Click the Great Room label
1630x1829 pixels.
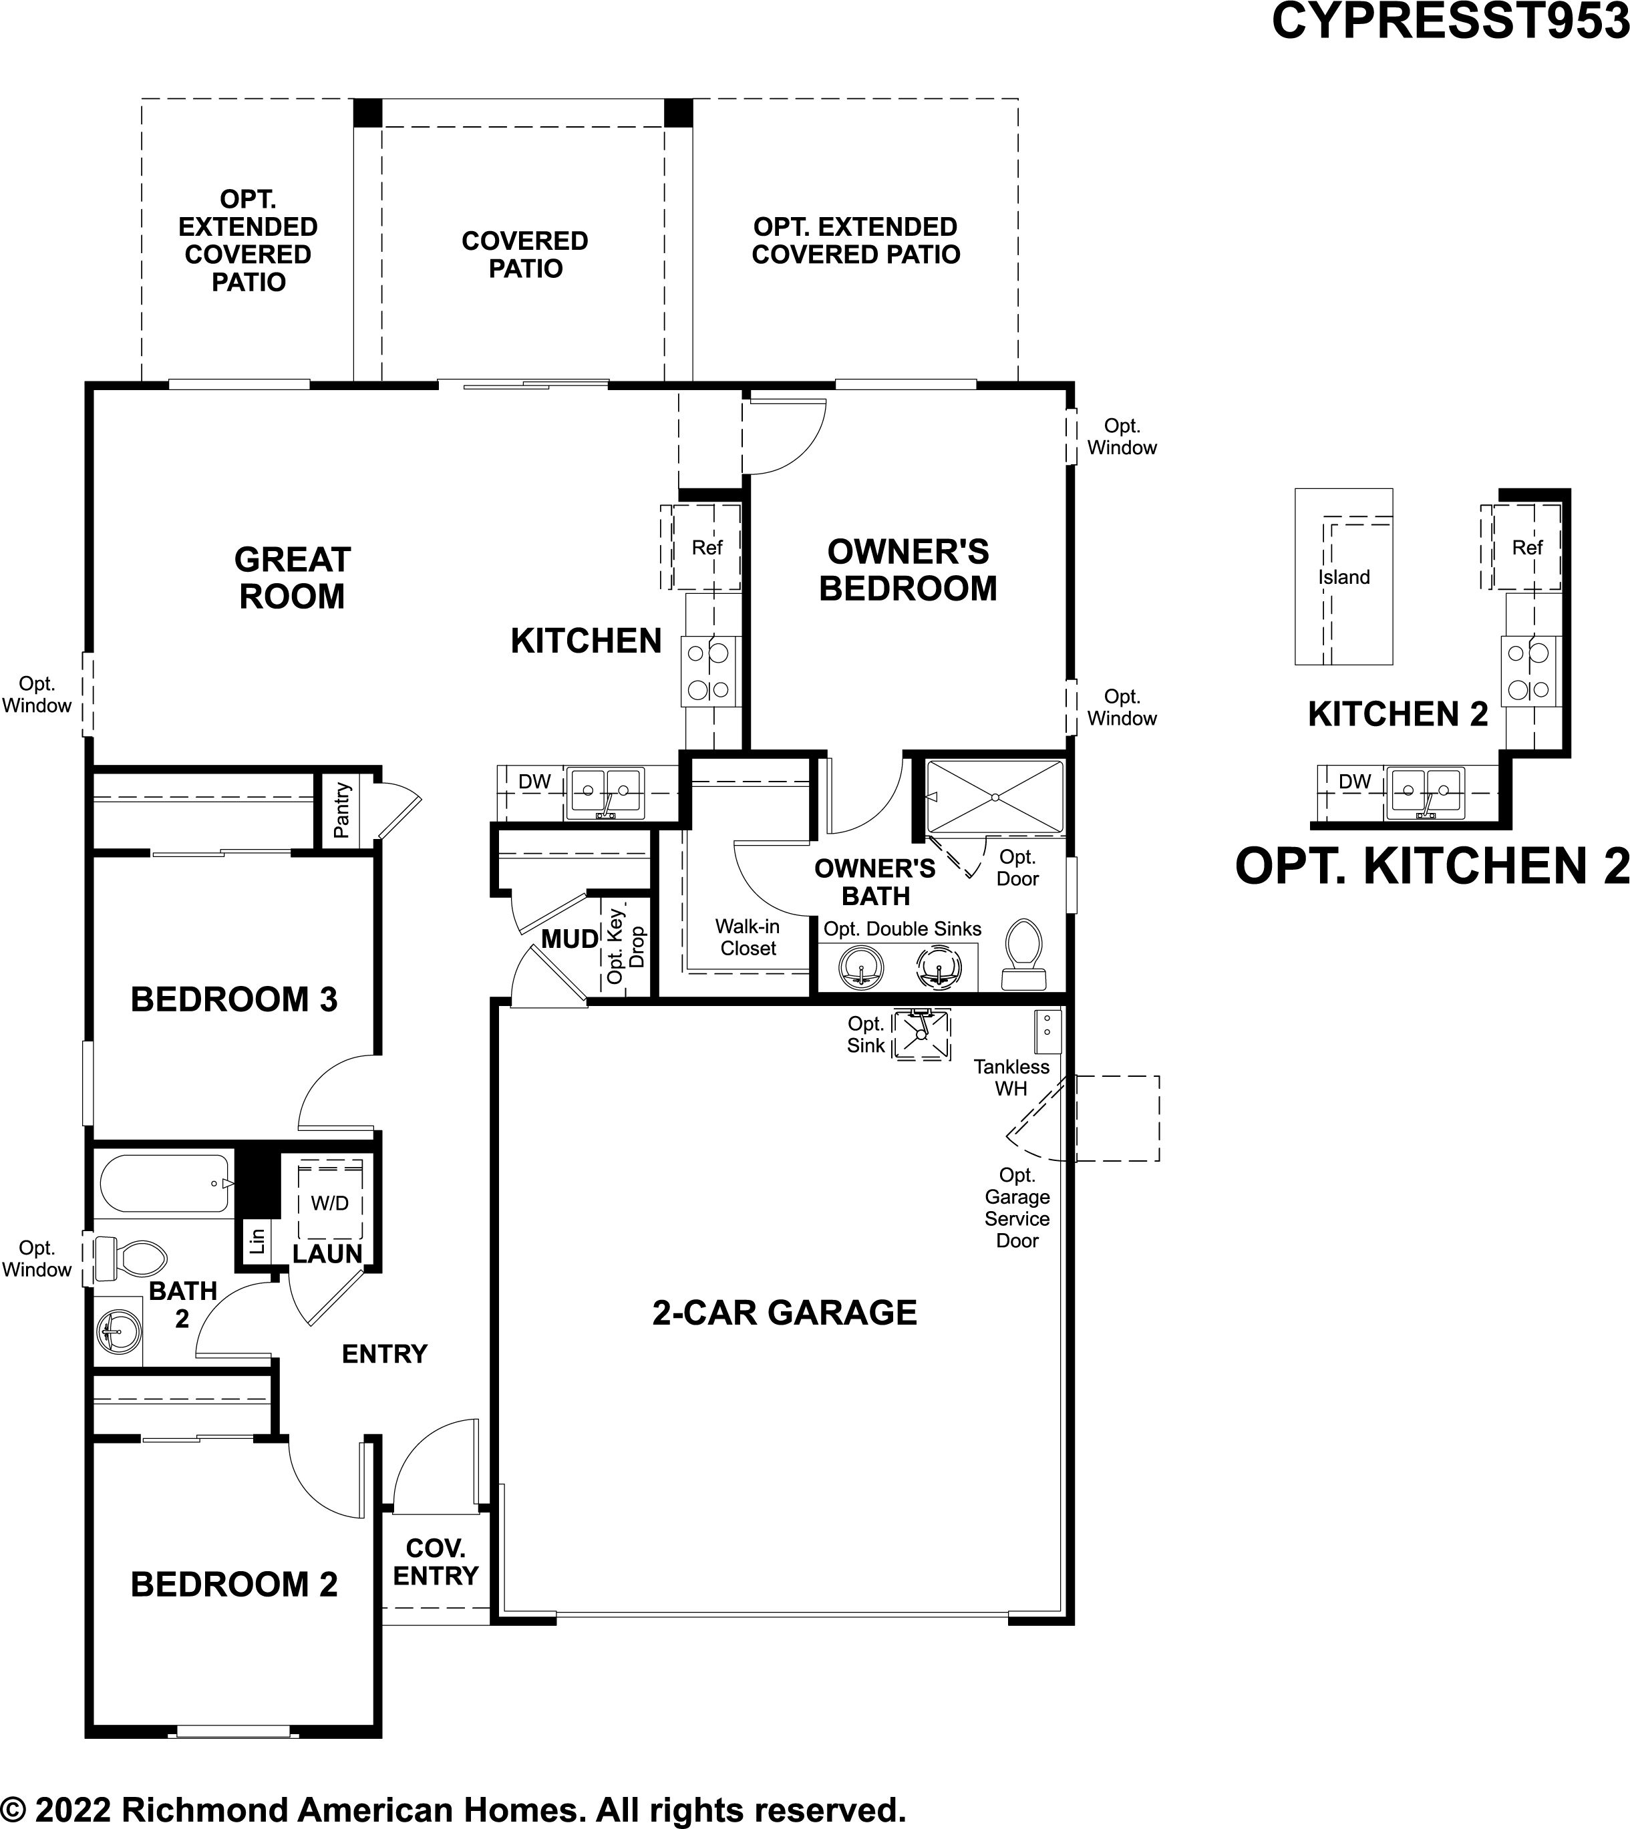292,578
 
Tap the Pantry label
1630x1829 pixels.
341,810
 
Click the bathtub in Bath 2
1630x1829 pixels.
166,1183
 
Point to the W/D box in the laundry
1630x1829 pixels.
329,1202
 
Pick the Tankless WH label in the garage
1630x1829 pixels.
1011,1077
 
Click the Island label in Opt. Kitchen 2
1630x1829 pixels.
1343,578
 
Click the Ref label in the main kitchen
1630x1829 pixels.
707,547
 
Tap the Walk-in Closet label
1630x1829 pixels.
748,937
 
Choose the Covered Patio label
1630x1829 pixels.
525,255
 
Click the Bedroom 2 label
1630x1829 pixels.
234,1585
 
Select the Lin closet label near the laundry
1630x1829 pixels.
258,1240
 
